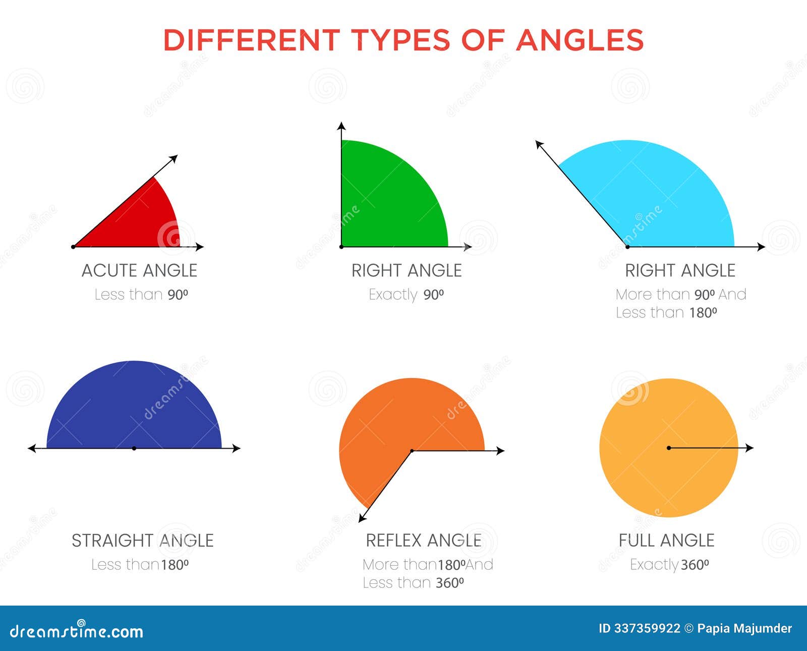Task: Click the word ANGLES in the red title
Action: point(580,40)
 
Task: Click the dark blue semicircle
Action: point(134,409)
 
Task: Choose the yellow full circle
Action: point(669,448)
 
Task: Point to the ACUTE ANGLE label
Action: point(140,270)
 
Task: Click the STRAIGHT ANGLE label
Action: point(143,540)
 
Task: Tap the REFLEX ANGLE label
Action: point(424,540)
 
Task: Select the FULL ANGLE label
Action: point(666,540)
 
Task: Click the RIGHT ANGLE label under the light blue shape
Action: point(680,270)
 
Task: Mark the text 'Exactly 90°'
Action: point(406,295)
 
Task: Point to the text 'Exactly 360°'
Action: point(669,565)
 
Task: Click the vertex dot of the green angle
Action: point(341,246)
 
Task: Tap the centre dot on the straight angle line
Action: point(134,449)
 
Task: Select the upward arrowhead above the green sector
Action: point(341,126)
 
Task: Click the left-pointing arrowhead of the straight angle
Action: point(32,449)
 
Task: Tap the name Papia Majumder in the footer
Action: point(744,628)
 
